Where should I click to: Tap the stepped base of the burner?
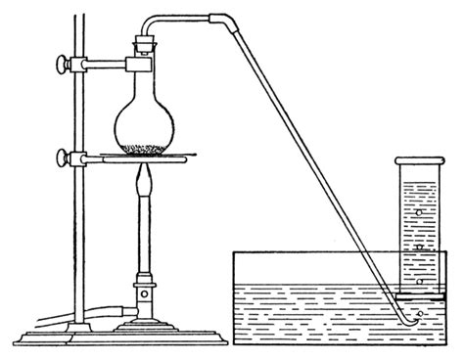(x=147, y=327)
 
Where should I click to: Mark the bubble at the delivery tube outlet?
(x=419, y=314)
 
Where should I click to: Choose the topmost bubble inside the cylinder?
(x=419, y=210)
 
